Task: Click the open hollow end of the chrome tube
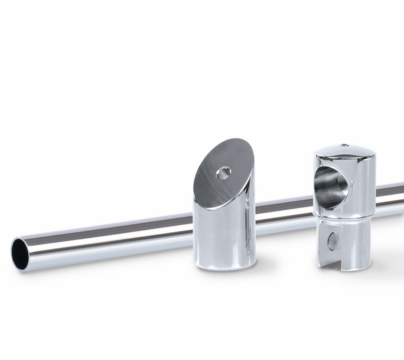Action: (x=20, y=254)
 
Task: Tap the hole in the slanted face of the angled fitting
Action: (x=224, y=173)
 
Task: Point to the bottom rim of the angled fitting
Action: (x=224, y=266)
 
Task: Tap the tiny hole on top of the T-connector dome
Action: (x=343, y=145)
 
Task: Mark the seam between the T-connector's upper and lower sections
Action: (x=343, y=217)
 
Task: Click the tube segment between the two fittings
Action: (x=283, y=209)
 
